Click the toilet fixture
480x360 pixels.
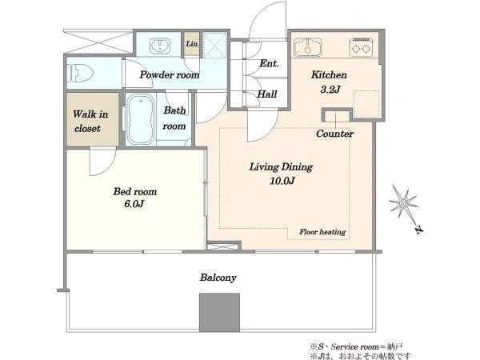[x=79, y=74]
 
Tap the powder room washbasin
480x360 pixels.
[x=159, y=46]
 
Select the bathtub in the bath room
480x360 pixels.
[x=140, y=119]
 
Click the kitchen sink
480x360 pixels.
[x=308, y=47]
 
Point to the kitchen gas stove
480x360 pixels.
[x=361, y=47]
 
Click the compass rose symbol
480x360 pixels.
[x=403, y=202]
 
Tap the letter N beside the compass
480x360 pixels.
[x=418, y=230]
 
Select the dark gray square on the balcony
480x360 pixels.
[x=219, y=312]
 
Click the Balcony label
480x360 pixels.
[x=218, y=278]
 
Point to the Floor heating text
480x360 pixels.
[x=322, y=232]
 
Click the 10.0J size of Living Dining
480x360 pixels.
[x=282, y=181]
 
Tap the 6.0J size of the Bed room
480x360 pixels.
[x=134, y=203]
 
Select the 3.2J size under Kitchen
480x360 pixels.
[x=330, y=90]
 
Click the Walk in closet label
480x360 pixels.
[x=90, y=122]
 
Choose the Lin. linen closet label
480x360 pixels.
[x=192, y=44]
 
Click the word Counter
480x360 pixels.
[x=335, y=134]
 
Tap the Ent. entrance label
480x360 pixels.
[x=269, y=63]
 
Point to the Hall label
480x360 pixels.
[x=267, y=94]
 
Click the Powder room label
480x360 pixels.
[x=170, y=74]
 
